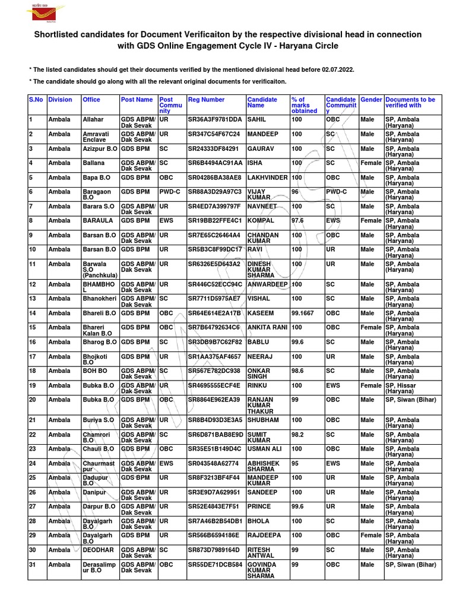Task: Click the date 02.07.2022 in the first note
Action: click(337, 69)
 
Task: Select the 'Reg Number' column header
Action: click(206, 100)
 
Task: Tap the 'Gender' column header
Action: click(371, 100)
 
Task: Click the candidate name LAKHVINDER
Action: click(267, 177)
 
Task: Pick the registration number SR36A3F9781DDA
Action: click(215, 119)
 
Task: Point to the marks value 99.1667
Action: click(304, 313)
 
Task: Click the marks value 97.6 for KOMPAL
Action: click(298, 220)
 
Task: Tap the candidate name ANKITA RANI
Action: click(267, 327)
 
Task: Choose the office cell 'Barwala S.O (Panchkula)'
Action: click(100, 268)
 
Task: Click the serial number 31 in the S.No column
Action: click(33, 564)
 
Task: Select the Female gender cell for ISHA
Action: click(371, 163)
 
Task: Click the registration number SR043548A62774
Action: click(213, 463)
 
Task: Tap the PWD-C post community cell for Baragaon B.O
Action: click(169, 191)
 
